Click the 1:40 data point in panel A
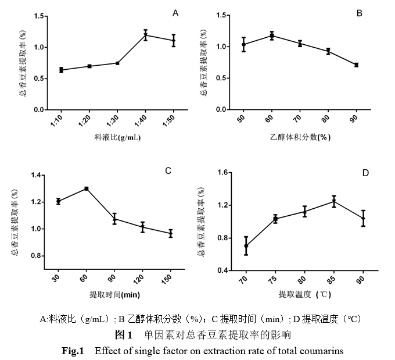tap(146, 35)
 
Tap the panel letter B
tap(359, 13)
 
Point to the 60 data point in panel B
tap(271, 35)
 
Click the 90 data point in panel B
tap(356, 65)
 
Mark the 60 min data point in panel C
tap(87, 188)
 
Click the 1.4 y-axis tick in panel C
tap(35, 175)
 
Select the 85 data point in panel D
tap(334, 201)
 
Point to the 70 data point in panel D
tap(246, 246)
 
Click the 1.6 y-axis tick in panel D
tap(223, 173)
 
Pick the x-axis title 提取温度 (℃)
tap(304, 294)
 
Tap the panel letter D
tap(365, 173)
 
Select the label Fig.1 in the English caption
tap(74, 351)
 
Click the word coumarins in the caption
tap(323, 351)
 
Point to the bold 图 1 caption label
tap(125, 335)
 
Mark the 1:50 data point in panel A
tap(173, 40)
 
